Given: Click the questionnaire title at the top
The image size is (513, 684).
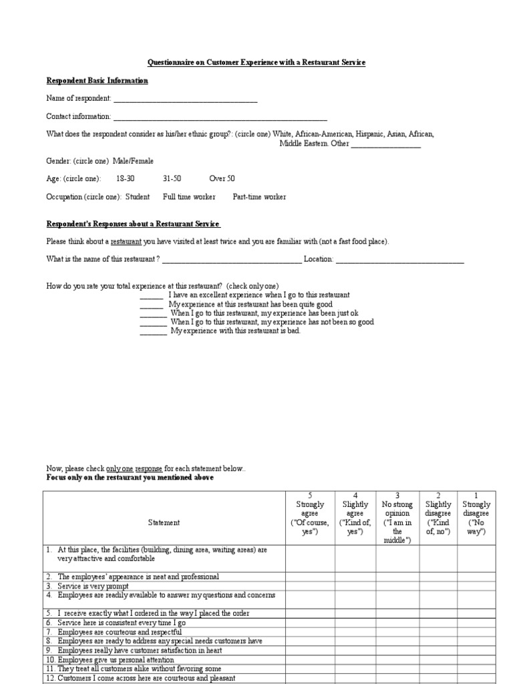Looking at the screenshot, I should (x=256, y=62).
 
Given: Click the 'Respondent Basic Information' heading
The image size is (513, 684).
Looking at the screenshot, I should (x=97, y=81).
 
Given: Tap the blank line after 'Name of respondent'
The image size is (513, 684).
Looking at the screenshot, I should (x=185, y=100).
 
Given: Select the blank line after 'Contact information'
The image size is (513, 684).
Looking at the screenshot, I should (x=220, y=117).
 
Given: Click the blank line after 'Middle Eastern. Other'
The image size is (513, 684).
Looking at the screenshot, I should (x=386, y=144).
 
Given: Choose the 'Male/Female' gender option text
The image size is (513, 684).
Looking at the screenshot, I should (x=133, y=161).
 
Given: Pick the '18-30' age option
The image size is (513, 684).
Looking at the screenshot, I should (x=125, y=179).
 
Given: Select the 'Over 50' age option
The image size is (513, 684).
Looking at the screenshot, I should (x=222, y=179).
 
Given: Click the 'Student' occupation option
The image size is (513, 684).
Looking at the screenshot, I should (x=137, y=197).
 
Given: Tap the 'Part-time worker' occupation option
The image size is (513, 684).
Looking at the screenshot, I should (x=259, y=197).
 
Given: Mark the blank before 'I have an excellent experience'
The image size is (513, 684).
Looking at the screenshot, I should (x=152, y=296).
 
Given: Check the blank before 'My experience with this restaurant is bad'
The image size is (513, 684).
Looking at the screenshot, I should (x=153, y=332).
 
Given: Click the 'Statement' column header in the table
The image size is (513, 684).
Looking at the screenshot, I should (x=164, y=522).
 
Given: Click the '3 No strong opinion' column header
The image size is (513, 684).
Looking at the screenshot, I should (x=397, y=518).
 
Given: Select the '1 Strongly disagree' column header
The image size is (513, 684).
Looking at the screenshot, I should (x=476, y=513).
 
